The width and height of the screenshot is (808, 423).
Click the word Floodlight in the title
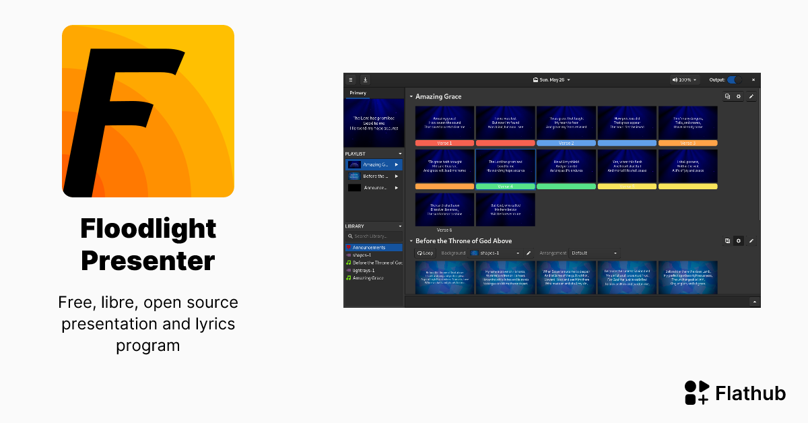[148, 229]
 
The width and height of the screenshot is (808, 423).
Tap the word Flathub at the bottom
[750, 393]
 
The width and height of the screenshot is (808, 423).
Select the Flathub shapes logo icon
[696, 393]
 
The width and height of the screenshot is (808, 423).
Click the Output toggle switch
[734, 79]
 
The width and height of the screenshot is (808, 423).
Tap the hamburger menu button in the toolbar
[351, 79]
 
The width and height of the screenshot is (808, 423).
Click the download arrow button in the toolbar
[365, 79]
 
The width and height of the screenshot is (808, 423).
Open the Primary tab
[358, 93]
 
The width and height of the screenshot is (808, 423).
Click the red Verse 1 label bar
[445, 143]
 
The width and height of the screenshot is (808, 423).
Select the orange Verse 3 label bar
[687, 143]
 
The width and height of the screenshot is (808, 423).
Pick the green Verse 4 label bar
[505, 186]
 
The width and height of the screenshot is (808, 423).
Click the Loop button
[425, 253]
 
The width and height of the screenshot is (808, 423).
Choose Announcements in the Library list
[369, 247]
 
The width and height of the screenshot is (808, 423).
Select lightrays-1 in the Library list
[364, 270]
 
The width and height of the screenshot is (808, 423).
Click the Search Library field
[374, 236]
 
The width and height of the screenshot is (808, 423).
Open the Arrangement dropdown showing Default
[594, 253]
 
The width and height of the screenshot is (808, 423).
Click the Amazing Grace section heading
[438, 97]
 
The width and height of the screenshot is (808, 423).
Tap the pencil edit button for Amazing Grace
[751, 96]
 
